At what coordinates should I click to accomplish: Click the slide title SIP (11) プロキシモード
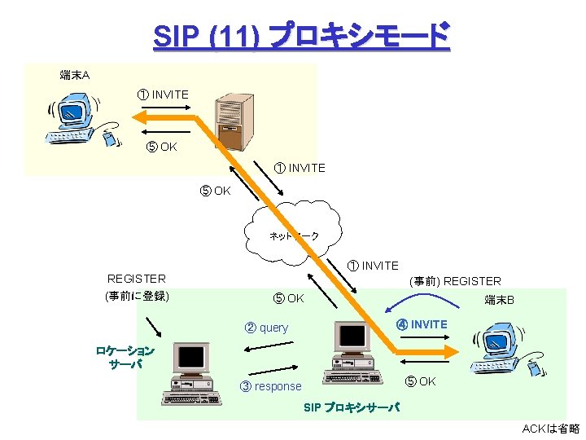(300, 37)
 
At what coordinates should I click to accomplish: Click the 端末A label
(75, 76)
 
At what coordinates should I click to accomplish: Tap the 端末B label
(499, 300)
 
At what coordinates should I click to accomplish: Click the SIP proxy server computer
(352, 351)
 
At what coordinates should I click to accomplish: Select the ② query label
(267, 328)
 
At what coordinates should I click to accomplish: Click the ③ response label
(271, 386)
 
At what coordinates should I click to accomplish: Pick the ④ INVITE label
(422, 324)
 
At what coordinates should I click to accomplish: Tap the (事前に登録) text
(137, 295)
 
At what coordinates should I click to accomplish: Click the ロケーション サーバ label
(125, 357)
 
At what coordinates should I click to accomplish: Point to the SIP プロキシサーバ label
(352, 407)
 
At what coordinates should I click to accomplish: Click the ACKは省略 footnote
(550, 429)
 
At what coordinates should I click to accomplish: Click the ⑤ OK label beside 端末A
(161, 147)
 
